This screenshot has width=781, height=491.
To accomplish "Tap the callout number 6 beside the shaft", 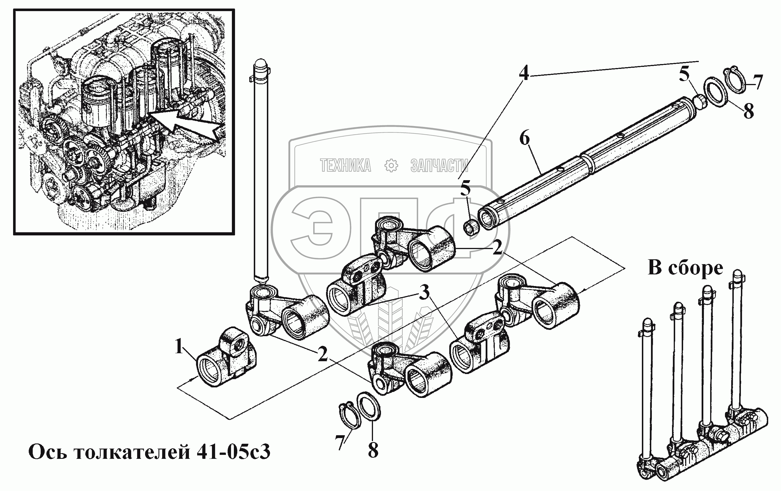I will click(524, 139).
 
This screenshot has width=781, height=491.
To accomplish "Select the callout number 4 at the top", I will click(524, 73).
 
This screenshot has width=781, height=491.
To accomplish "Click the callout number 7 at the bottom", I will click(340, 442).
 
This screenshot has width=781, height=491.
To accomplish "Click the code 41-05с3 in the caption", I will click(234, 452).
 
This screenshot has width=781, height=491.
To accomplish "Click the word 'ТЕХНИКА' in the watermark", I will click(345, 165).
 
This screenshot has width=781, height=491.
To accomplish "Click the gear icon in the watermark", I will click(391, 165).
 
